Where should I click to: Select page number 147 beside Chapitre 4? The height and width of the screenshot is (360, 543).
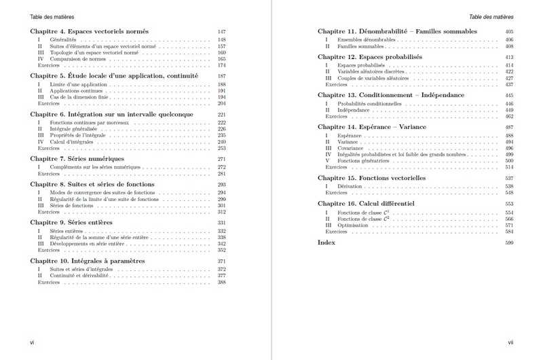click(221, 32)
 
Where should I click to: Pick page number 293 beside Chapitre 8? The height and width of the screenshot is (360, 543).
click(221, 185)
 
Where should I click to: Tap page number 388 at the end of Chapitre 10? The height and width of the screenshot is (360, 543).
click(221, 282)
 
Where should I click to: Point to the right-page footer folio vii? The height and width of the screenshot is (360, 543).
click(510, 343)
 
